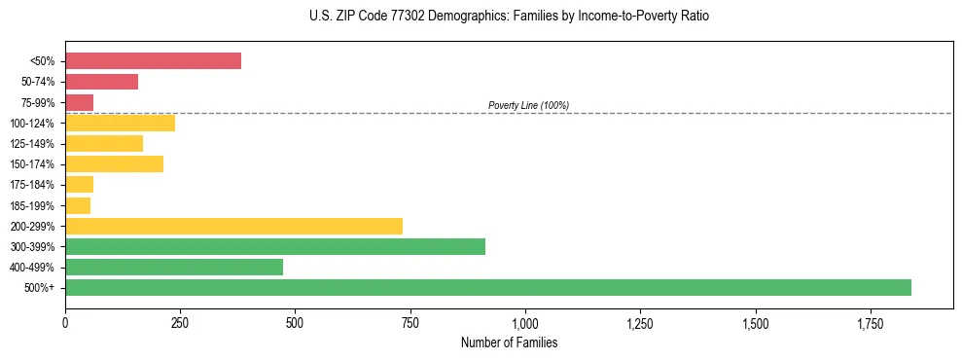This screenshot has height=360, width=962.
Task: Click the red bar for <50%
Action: coord(153,61)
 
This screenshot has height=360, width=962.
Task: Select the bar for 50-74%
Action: coord(101,82)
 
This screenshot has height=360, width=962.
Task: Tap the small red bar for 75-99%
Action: coord(79,102)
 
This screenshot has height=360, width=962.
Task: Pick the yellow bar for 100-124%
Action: coord(120,123)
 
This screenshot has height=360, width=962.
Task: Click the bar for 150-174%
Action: coord(114,164)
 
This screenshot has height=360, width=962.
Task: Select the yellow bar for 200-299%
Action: coord(233,226)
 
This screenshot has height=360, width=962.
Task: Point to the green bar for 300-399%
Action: coord(275,246)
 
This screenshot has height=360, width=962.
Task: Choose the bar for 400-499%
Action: coord(174,267)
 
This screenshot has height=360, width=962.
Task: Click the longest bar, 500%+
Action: coord(488,287)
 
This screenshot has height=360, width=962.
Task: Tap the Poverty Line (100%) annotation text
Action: coord(528,105)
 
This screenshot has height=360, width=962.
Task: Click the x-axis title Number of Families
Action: coord(509,342)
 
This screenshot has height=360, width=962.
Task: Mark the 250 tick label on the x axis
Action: coord(180,322)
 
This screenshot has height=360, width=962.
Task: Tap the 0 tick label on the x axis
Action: coord(65,322)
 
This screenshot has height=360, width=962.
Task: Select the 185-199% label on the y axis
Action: coord(32,205)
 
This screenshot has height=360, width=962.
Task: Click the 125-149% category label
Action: coord(32,144)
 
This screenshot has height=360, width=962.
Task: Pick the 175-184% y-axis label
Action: coord(32,185)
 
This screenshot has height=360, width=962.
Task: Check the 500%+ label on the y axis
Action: coord(40,288)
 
